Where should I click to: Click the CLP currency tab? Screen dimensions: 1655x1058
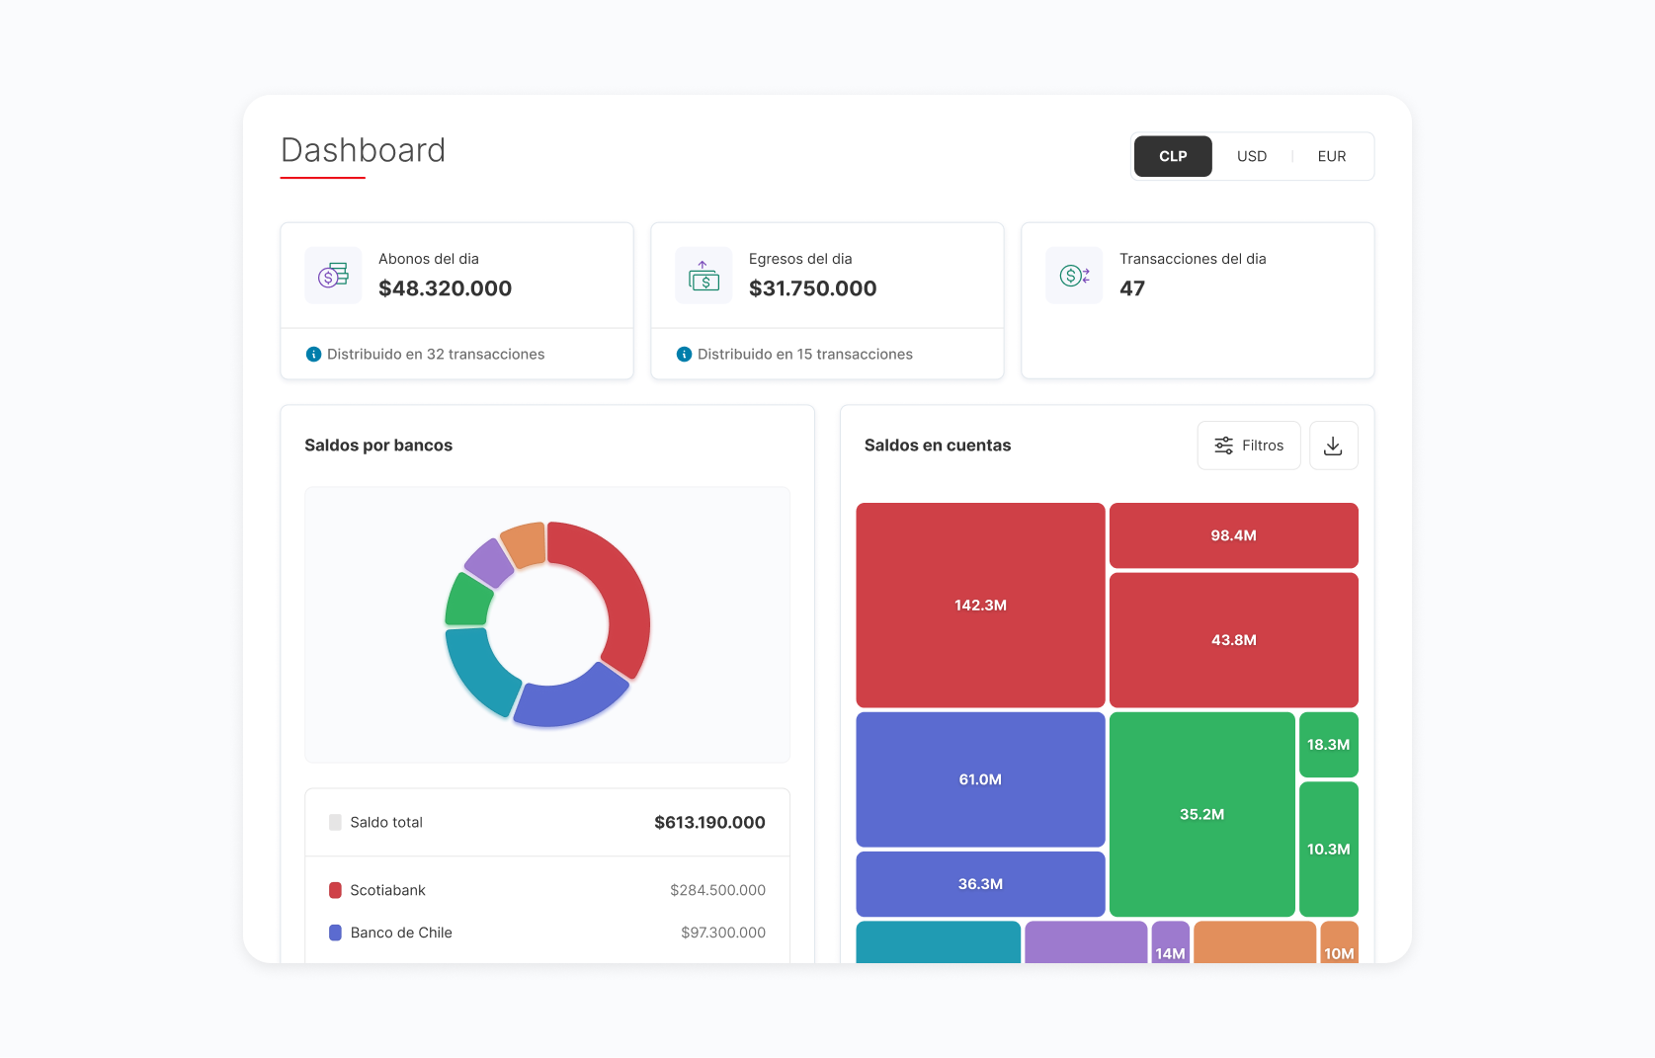pyautogui.click(x=1173, y=156)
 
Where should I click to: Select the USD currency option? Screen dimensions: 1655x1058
pyautogui.click(x=1252, y=156)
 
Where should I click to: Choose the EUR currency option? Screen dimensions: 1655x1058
pyautogui.click(x=1331, y=156)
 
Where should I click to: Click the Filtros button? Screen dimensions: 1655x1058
pyautogui.click(x=1249, y=446)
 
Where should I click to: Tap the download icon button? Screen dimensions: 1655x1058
pyautogui.click(x=1334, y=446)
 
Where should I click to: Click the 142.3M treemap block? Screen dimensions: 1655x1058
pyautogui.click(x=980, y=606)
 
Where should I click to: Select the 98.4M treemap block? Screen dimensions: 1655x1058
pyautogui.click(x=1234, y=535)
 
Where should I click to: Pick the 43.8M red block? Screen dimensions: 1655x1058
pyautogui.click(x=1234, y=640)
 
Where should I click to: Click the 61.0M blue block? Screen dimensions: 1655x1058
pyautogui.click(x=980, y=779)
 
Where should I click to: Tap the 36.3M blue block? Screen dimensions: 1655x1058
pyautogui.click(x=980, y=883)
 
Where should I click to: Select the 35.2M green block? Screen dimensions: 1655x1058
pyautogui.click(x=1202, y=814)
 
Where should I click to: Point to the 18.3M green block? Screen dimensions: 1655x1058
pyautogui.click(x=1328, y=745)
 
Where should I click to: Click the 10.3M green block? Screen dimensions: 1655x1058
pyautogui.click(x=1328, y=849)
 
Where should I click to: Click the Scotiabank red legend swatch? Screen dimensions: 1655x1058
pyautogui.click(x=335, y=890)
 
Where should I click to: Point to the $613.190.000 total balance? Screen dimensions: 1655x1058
pyautogui.click(x=709, y=822)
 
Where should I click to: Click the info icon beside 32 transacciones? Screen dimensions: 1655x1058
pyautogui.click(x=313, y=355)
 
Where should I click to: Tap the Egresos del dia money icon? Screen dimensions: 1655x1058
pyautogui.click(x=703, y=276)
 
